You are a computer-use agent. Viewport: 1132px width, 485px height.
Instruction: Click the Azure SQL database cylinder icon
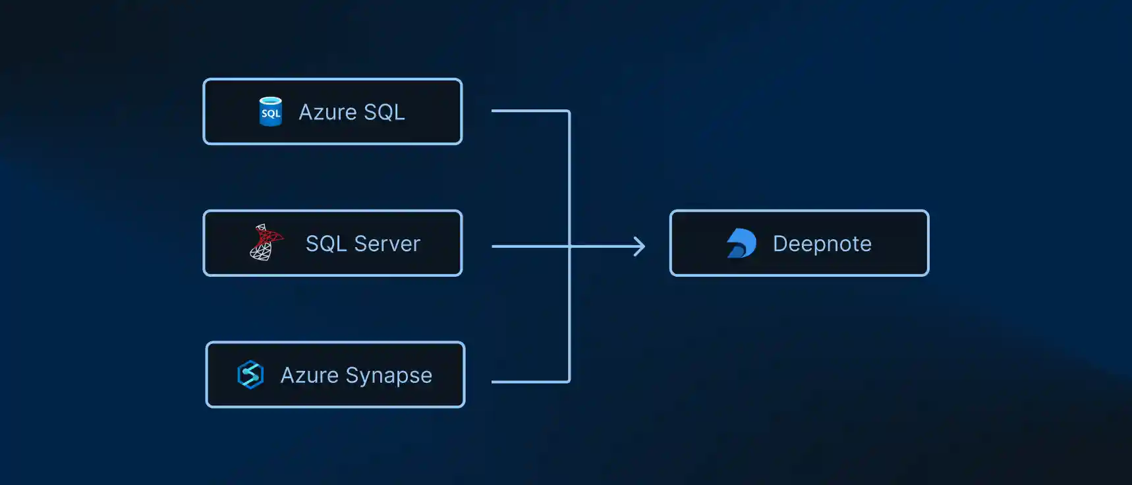270,111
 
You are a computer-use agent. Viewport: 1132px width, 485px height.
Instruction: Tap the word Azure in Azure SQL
328,112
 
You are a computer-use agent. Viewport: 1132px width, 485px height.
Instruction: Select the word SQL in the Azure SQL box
384,112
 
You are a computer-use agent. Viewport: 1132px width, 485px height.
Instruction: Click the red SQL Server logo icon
266,242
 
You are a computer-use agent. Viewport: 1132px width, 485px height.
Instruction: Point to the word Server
387,244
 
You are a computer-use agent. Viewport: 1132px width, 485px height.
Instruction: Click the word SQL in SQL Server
326,244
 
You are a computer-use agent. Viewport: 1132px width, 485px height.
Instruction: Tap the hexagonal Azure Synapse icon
250,375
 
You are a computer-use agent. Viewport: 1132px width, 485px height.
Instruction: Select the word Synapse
389,376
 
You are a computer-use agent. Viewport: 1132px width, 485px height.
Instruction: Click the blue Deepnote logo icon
741,243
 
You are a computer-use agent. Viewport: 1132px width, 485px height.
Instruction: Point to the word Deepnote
822,244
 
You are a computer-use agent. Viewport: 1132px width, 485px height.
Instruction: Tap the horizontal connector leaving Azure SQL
530,111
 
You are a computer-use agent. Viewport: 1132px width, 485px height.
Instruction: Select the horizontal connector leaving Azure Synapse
530,382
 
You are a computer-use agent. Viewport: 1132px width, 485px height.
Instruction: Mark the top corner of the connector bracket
569,111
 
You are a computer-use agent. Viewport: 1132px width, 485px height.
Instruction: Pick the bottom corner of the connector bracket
569,381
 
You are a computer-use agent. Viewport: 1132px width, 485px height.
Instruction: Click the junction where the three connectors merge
569,246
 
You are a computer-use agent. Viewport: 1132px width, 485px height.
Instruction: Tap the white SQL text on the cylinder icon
271,113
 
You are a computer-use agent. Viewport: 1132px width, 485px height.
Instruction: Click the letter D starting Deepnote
781,243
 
